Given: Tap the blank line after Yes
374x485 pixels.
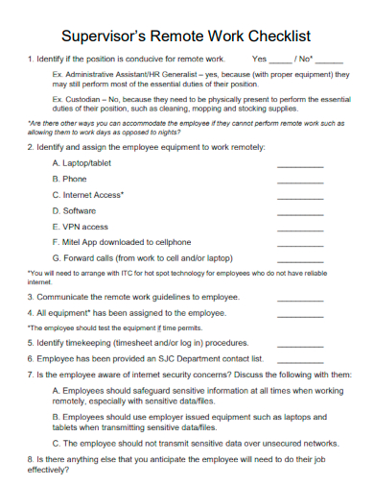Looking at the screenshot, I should coord(282,60).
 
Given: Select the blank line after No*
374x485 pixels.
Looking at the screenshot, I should coord(328,60).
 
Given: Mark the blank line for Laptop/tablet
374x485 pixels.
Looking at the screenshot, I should coord(300,164).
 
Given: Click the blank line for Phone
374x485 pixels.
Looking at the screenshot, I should coord(300,180).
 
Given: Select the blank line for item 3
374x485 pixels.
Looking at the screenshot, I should coord(300,298).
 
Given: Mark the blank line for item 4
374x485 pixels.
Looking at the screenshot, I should coord(300,314).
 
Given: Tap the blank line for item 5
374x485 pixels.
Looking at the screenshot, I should coord(300,343).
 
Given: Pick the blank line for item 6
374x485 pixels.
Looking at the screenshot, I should coord(300,357).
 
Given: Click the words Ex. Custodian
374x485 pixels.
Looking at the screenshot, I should coord(75,98).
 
